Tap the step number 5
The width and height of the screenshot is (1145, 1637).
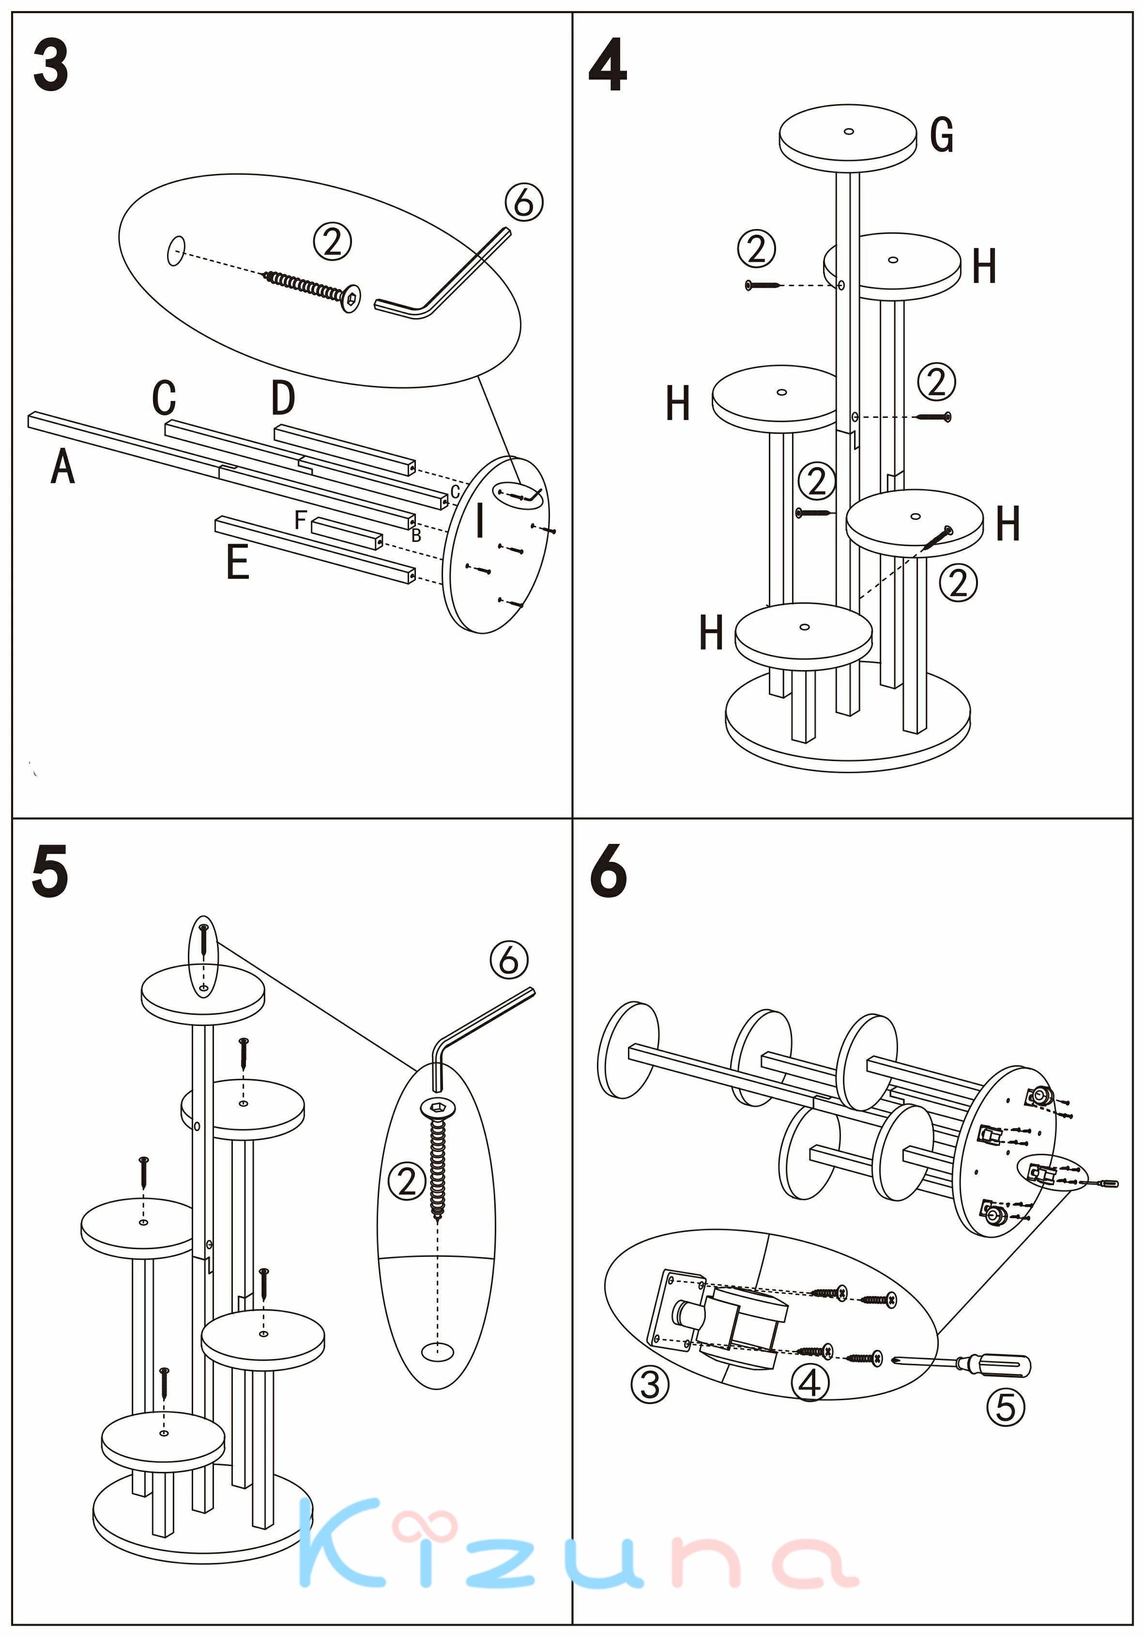[x=50, y=871]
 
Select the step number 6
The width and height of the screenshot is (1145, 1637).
[x=608, y=871]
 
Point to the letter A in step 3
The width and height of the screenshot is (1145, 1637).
[x=63, y=467]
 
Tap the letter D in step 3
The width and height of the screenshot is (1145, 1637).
[x=283, y=398]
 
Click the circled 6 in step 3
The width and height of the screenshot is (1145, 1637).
[x=524, y=202]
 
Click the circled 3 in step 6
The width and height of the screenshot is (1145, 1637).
[x=650, y=1385]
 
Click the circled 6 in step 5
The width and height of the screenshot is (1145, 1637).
[x=509, y=961]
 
